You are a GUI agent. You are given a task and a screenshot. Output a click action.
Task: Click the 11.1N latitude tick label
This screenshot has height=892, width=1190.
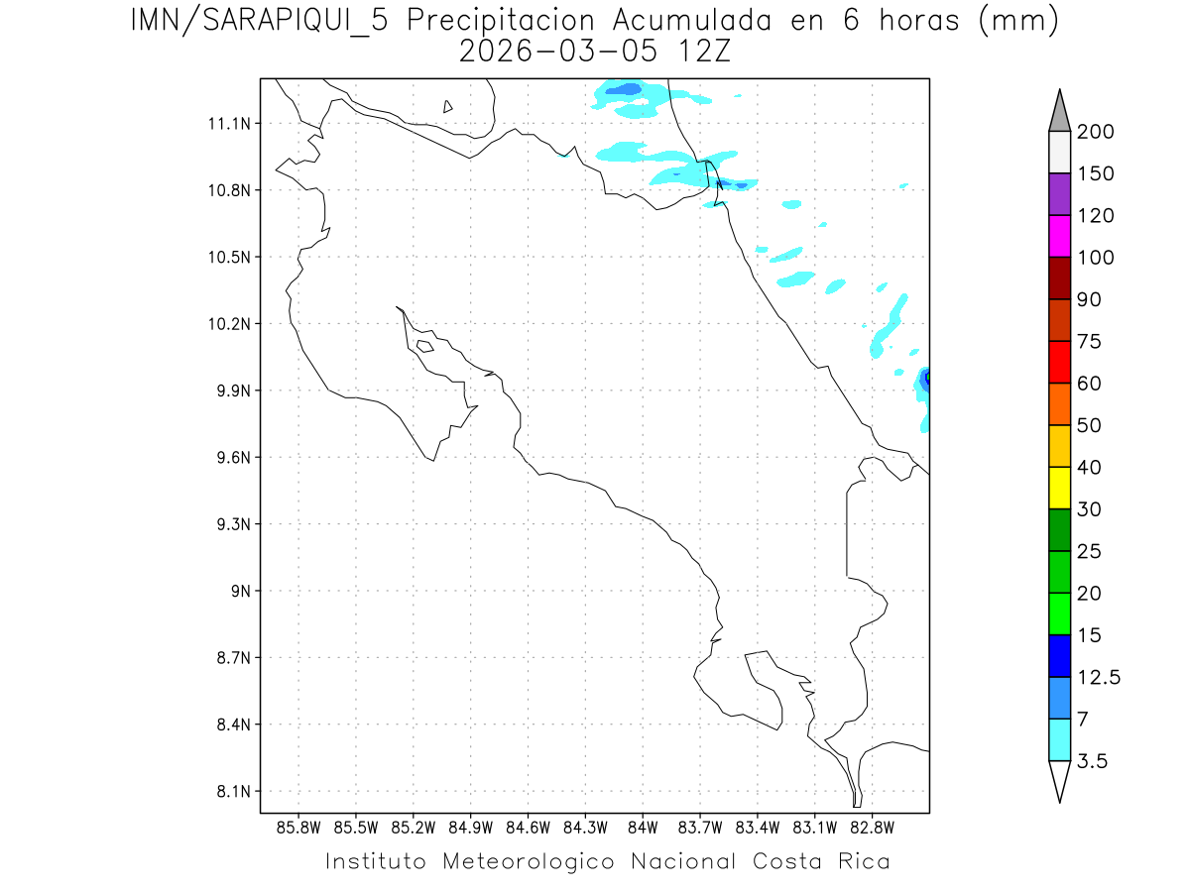227,124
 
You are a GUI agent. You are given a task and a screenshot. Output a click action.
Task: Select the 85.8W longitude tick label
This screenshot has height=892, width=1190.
299,827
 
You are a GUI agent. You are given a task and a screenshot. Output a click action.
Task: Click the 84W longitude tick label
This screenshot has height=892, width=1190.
643,827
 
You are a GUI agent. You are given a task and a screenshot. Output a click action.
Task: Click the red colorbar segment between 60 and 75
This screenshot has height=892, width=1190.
1060,362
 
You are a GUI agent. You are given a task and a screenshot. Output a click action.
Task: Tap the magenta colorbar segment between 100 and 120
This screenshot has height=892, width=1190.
1060,236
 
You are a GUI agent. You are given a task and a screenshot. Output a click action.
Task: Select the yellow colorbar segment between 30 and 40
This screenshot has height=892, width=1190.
1060,488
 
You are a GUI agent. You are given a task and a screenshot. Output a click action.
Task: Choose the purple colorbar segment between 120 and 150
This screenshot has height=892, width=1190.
1060,194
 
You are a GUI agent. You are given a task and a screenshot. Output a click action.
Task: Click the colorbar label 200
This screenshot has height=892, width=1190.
1096,132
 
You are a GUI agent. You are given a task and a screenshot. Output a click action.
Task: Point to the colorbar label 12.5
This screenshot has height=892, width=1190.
1100,677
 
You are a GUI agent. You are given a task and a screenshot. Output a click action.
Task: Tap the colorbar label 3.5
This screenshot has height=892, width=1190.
1093,761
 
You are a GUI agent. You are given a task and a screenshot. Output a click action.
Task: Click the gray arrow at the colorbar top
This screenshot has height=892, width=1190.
1060,111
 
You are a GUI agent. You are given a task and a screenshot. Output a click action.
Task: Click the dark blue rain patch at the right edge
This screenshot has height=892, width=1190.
926,378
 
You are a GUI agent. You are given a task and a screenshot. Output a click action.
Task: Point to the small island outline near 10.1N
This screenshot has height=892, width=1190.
424,346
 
